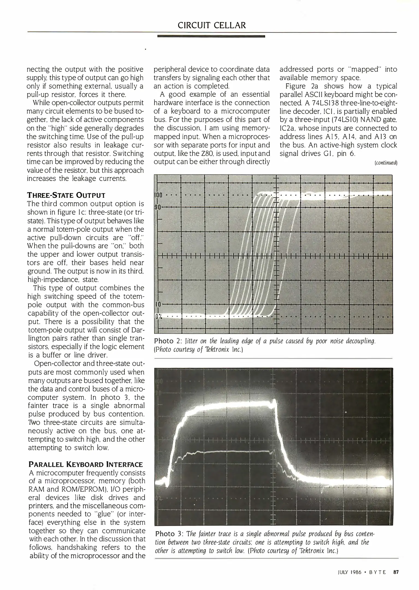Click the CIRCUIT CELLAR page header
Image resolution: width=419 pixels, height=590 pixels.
pos(212,25)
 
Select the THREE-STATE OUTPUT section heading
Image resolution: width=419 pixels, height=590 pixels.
pos(66,195)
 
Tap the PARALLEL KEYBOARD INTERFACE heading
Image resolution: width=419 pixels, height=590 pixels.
pos(86,464)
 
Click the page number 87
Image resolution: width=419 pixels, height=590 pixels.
pos(396,572)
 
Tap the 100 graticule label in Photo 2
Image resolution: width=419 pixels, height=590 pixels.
pos(159,195)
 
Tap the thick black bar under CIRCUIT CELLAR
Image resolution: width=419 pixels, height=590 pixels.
pos(211,36)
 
